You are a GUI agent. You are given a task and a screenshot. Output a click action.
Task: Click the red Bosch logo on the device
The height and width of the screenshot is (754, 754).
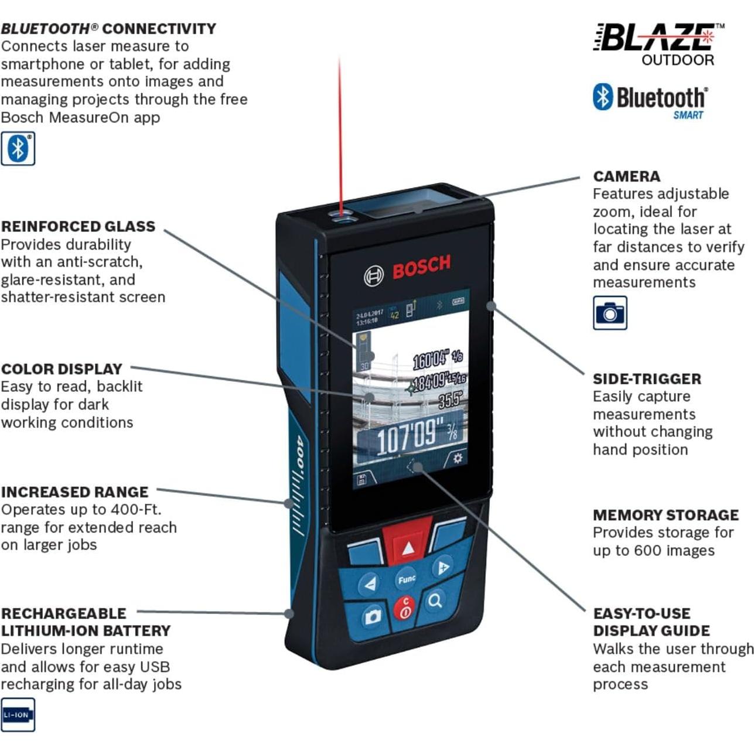click(421, 267)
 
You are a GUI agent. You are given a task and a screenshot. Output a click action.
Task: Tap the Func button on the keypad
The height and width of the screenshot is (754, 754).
click(406, 579)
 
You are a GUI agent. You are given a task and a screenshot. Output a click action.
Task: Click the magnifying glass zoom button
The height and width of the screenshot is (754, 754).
click(435, 601)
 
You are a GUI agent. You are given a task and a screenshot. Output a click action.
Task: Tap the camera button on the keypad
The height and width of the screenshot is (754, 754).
click(373, 616)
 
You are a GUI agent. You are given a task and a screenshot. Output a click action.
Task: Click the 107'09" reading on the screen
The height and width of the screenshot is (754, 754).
click(406, 436)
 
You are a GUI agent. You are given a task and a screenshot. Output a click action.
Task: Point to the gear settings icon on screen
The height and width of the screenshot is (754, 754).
click(457, 458)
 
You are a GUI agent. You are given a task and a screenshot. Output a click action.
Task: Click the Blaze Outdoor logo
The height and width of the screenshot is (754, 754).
click(659, 45)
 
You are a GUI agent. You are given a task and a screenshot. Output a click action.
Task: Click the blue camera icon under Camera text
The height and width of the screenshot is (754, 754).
click(610, 313)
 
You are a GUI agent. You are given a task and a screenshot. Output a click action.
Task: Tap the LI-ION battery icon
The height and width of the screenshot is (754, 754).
click(18, 715)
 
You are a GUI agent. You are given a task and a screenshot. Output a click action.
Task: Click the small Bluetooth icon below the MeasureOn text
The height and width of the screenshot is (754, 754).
click(18, 148)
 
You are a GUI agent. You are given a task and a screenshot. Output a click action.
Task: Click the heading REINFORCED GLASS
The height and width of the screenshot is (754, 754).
click(78, 227)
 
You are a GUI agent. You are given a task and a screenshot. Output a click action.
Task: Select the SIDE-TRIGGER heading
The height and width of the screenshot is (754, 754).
click(647, 379)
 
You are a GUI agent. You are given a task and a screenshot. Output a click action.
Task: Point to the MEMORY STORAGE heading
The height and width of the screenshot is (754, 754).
click(666, 515)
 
